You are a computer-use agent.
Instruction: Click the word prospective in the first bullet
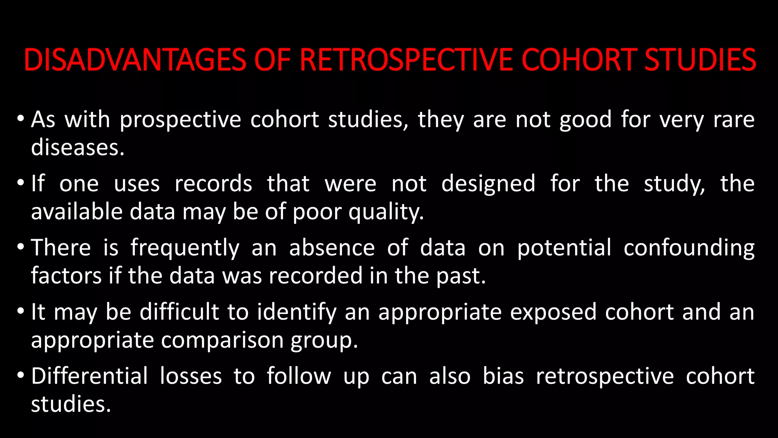180,120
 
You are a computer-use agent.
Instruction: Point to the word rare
734,120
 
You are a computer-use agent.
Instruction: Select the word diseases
77,148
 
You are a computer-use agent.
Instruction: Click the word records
213,184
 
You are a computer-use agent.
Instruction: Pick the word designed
488,184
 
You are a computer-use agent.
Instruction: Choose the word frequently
185,248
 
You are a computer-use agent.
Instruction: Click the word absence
332,248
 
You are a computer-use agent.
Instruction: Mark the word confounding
689,248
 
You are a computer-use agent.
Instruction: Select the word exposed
553,313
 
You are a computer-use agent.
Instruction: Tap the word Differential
89,376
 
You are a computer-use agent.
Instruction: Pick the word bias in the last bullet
503,376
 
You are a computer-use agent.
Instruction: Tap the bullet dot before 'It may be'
21,312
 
